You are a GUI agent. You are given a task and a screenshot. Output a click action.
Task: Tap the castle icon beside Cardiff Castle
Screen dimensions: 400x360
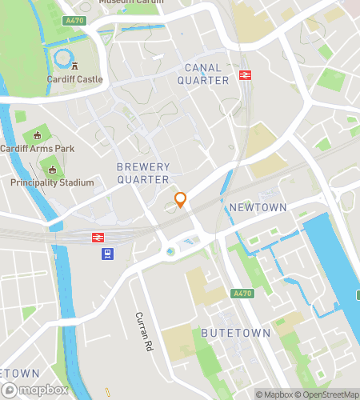tap(74, 67)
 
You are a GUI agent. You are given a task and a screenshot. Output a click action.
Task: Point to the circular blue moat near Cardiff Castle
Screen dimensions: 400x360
tap(61, 57)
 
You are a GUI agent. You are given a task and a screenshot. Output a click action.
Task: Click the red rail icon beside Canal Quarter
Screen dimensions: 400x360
tap(244, 77)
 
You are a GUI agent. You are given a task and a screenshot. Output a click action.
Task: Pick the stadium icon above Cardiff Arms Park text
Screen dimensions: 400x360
tap(35, 137)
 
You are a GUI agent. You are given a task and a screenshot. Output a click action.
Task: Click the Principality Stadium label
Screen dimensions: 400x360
tap(52, 182)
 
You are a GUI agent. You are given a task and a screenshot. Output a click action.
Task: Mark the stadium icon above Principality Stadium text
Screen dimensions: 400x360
tap(53, 170)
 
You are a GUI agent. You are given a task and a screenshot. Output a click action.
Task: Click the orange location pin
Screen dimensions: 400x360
tap(181, 199)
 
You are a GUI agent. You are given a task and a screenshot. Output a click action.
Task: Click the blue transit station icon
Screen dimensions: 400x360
tap(106, 254)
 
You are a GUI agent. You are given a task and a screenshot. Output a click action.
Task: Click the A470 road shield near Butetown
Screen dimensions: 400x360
tap(245, 294)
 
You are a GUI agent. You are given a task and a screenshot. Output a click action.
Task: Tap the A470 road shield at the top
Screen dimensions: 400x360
tap(74, 20)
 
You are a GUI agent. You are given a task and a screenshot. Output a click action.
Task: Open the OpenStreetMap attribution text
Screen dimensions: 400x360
tap(328, 394)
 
